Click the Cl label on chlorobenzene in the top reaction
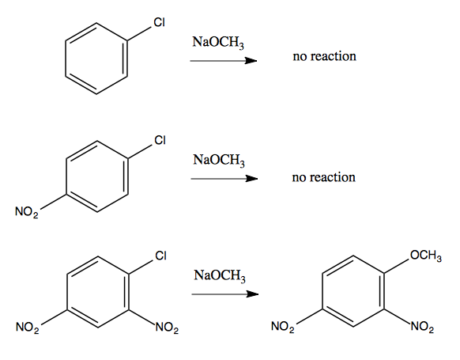point(160,22)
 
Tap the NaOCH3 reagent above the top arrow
point(218,43)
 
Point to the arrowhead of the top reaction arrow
point(251,61)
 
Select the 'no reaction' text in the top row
point(325,56)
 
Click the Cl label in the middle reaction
point(160,140)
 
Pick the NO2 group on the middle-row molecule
point(27,212)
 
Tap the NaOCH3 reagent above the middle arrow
point(219,161)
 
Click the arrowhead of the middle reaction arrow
point(252,179)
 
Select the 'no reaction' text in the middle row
point(323,177)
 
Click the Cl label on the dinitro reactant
point(161,256)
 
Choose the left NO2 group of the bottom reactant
point(28,328)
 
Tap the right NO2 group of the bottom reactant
point(167,328)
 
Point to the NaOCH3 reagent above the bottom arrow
point(220,276)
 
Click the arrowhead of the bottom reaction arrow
point(253,294)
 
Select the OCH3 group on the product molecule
point(426,256)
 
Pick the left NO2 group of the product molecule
point(283,327)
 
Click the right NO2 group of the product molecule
point(422,327)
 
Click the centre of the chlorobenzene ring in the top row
point(96,59)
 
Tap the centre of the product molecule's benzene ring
point(353,291)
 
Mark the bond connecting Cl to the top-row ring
point(139,34)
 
